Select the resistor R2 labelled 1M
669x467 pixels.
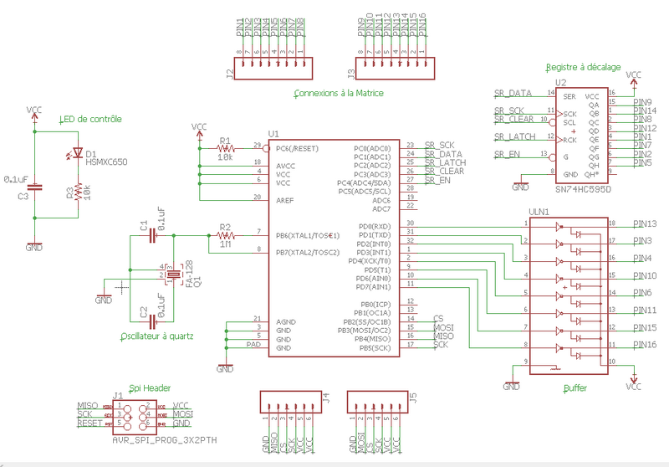tap(224, 236)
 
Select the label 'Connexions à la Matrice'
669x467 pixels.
tap(333, 93)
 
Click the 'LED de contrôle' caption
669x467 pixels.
tap(90, 119)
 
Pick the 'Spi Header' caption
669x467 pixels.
tap(147, 388)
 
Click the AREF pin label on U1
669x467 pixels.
tap(284, 199)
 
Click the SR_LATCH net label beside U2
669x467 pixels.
tap(513, 136)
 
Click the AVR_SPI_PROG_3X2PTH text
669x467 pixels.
tap(159, 437)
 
